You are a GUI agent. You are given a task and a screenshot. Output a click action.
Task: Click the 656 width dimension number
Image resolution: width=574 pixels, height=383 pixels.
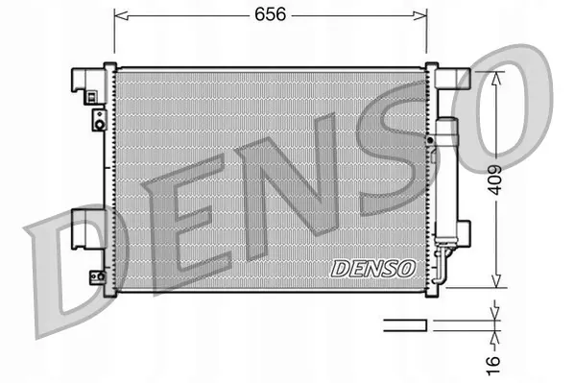(270, 15)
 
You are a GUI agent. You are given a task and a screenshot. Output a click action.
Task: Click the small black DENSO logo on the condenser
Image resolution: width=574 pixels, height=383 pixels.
(372, 268)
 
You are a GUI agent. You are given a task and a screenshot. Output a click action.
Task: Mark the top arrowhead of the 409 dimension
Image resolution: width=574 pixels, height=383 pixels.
(495, 77)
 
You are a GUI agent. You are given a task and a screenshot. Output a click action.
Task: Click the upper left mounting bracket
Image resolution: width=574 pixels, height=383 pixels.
(90, 84)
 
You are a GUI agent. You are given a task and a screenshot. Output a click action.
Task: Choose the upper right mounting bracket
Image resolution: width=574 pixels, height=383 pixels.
(449, 81)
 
